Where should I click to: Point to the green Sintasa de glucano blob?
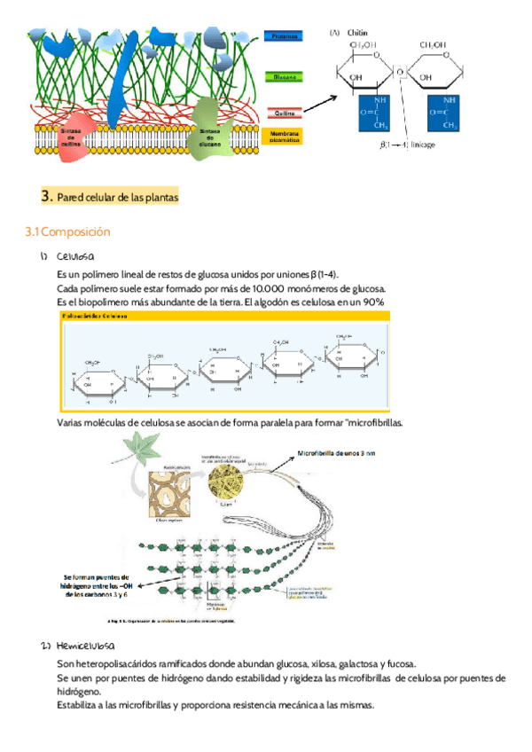click(x=209, y=131)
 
